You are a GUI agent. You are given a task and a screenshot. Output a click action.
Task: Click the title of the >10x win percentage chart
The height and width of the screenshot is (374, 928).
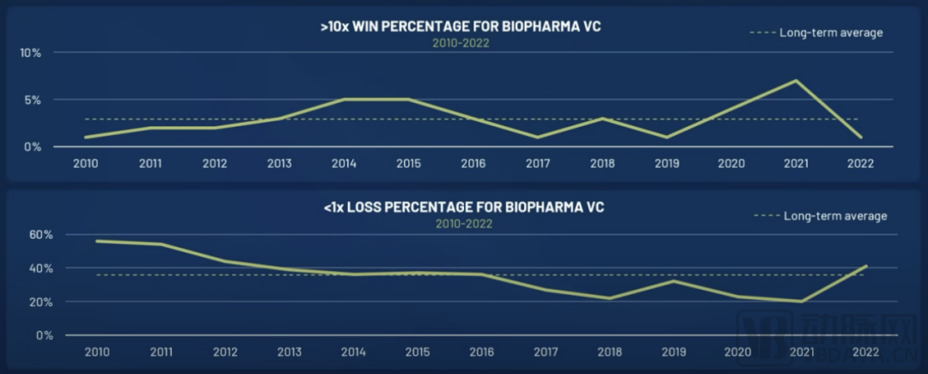(x=460, y=27)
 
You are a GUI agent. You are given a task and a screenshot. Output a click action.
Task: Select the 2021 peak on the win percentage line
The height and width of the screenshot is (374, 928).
(x=797, y=81)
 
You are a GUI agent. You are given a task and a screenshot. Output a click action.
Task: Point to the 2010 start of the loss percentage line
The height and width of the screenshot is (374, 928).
(x=97, y=241)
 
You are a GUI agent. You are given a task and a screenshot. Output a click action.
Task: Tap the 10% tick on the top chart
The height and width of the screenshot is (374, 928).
(x=31, y=52)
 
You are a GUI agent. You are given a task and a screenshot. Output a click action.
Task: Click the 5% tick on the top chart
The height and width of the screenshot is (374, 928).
(x=33, y=100)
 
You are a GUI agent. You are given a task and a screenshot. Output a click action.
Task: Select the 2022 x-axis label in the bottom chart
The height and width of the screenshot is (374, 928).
(x=865, y=352)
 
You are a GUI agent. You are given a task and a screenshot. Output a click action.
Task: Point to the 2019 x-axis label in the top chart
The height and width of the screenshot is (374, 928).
(x=667, y=162)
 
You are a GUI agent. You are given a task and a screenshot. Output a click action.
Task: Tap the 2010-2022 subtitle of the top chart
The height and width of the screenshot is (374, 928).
(x=460, y=42)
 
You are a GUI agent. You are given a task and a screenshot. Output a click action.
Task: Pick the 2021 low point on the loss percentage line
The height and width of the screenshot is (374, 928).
(x=802, y=301)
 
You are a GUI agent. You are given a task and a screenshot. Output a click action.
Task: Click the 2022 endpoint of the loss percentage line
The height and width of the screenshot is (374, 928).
(x=865, y=267)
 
